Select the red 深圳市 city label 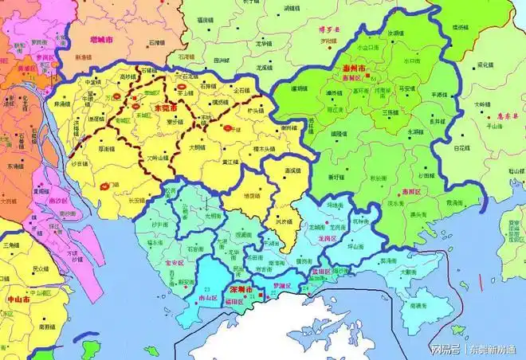(x=241, y=288)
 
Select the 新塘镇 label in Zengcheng (x=83, y=57)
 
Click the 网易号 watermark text (x=443, y=350)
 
